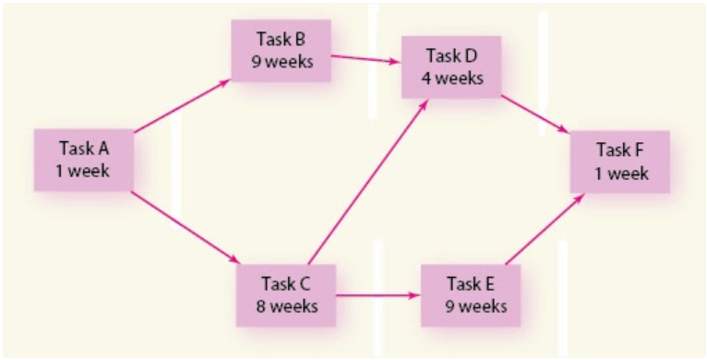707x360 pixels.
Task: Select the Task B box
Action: point(280,52)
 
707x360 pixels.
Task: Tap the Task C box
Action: point(285,294)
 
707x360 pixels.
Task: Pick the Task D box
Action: point(451,66)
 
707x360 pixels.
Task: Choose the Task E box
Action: point(470,295)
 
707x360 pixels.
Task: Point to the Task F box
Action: point(619,162)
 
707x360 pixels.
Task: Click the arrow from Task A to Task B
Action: point(182,107)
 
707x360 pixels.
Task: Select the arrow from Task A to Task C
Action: point(185,227)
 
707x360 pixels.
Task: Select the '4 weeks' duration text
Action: point(451,78)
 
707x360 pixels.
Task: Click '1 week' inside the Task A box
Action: point(84,171)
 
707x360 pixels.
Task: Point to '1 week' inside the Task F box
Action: point(619,173)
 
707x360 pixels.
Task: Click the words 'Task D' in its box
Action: point(451,55)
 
